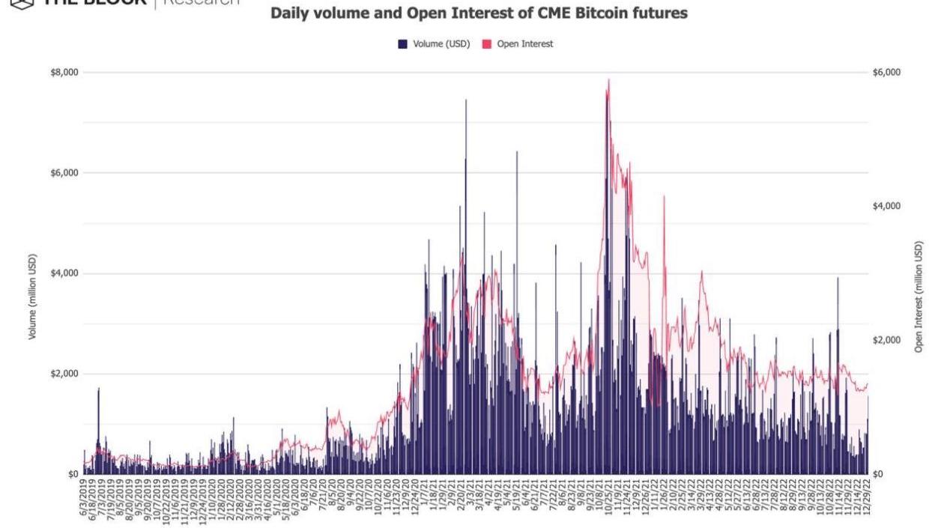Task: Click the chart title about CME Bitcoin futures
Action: [x=479, y=13]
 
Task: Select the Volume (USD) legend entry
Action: [x=441, y=44]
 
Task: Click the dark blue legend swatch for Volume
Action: [x=402, y=44]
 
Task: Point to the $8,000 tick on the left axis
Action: [x=64, y=73]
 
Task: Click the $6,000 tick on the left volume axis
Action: [x=64, y=173]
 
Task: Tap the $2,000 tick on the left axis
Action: [x=64, y=374]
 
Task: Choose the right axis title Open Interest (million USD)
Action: [x=919, y=297]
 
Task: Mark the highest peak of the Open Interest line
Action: [x=608, y=79]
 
